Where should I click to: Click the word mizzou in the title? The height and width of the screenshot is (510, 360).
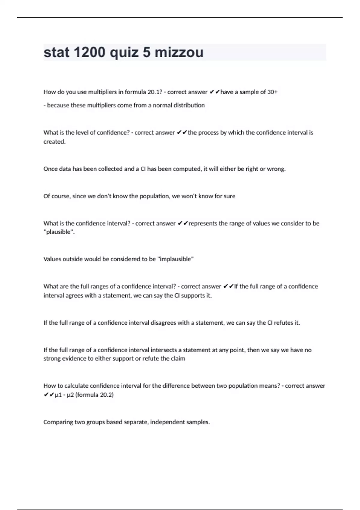coord(179,52)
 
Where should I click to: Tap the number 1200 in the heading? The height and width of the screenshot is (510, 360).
coord(89,52)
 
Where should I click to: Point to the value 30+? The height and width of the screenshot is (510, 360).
coord(272,92)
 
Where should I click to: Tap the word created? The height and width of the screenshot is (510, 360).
coord(54,142)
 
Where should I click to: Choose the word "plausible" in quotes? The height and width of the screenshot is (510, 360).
coord(59,232)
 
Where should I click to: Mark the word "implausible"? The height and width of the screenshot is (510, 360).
coord(175,259)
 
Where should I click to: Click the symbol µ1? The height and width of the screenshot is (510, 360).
coord(58,395)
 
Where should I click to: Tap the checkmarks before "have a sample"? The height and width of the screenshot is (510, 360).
coord(214,92)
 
